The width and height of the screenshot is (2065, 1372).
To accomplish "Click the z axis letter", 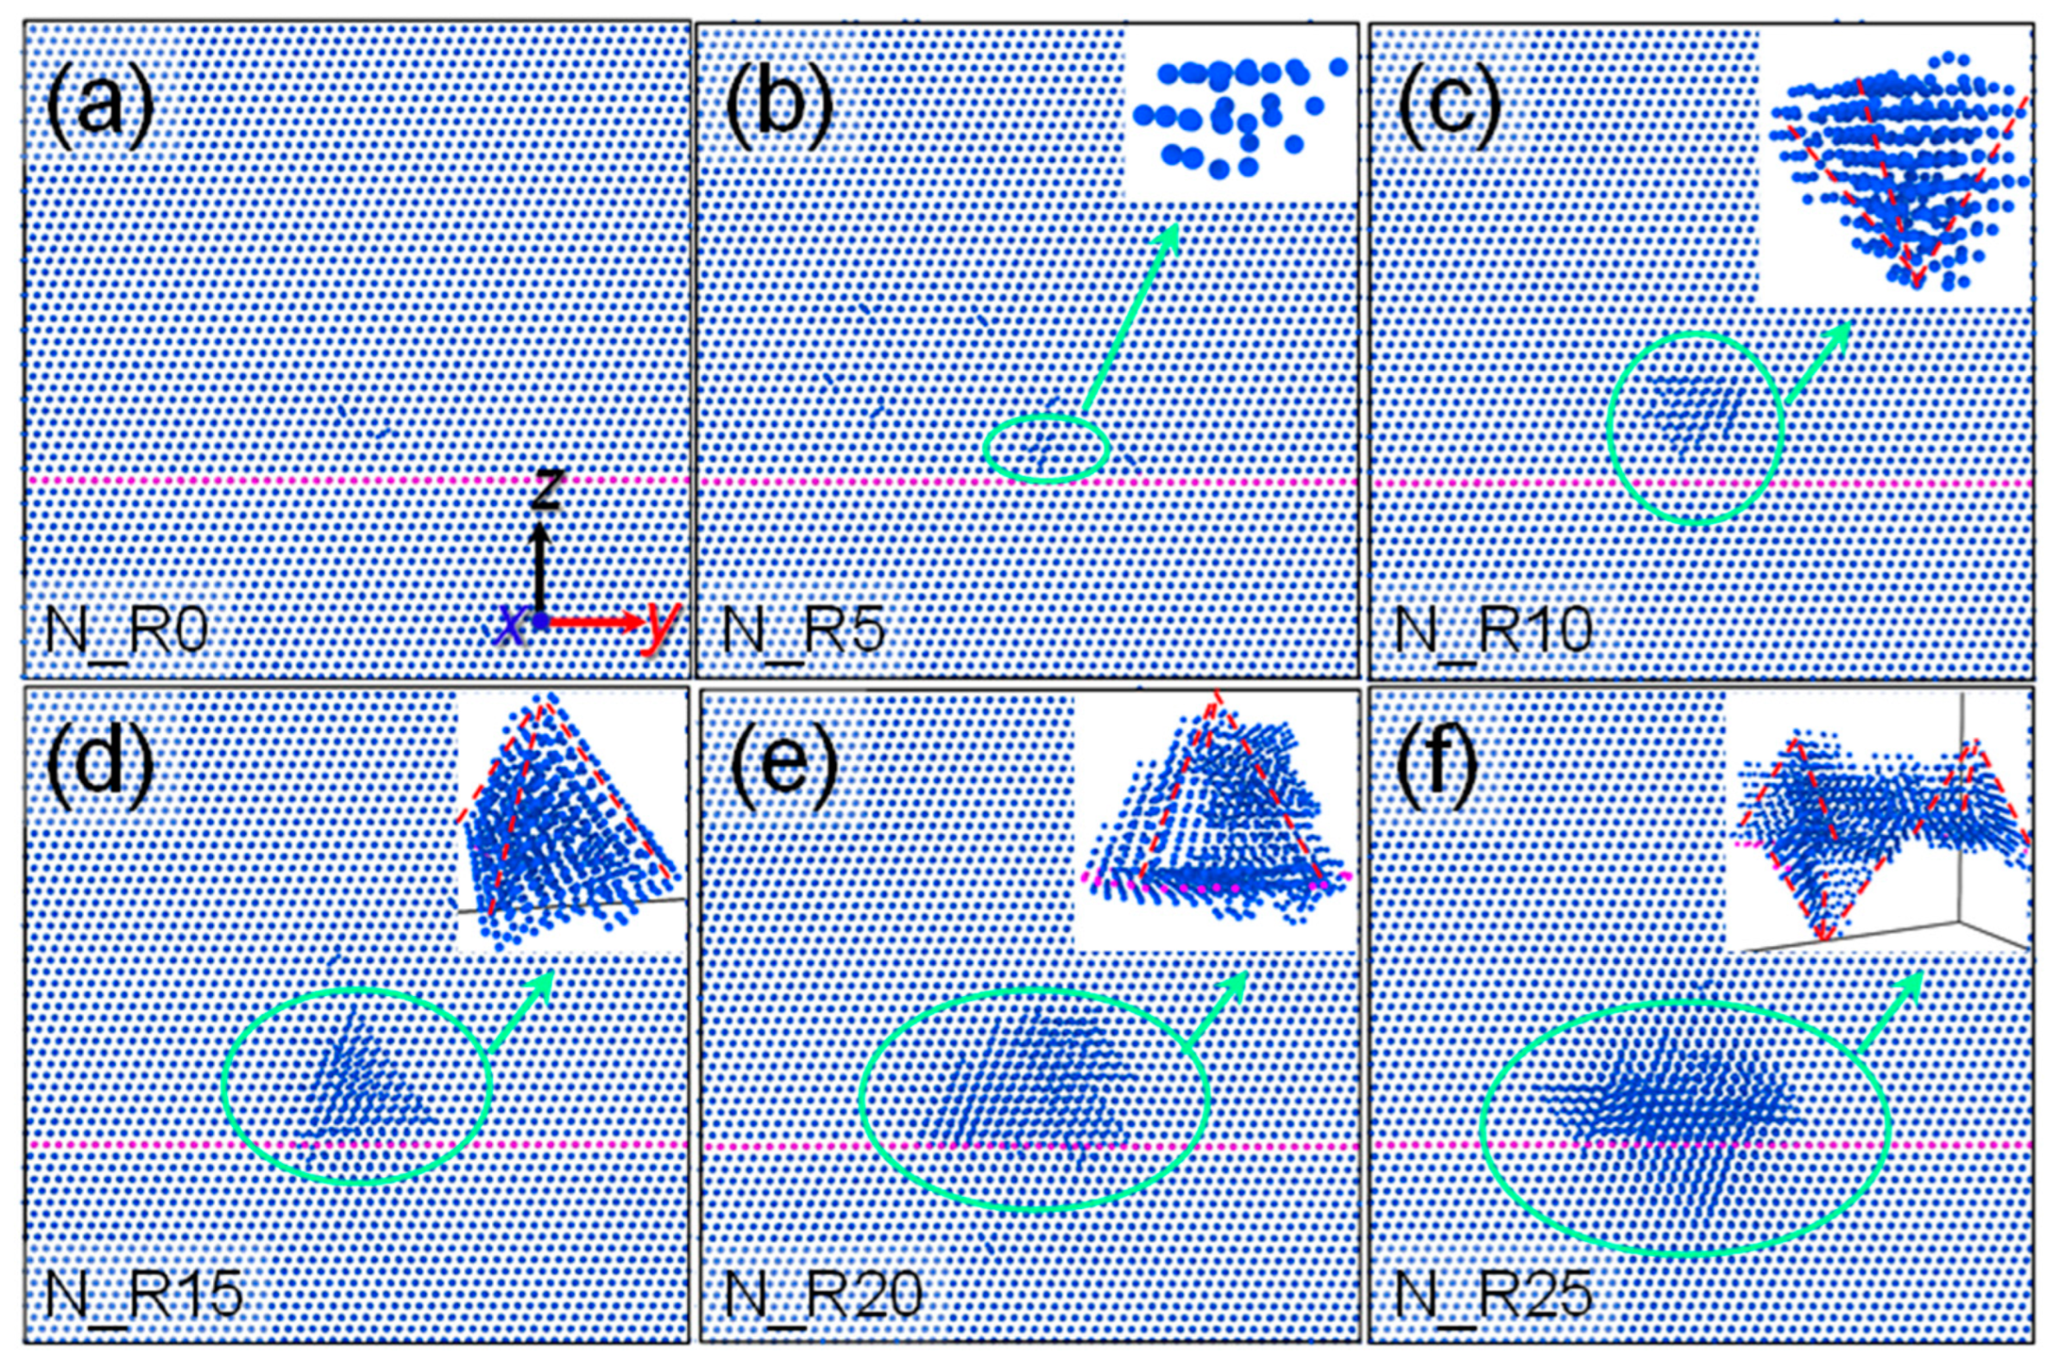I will (545, 490).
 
